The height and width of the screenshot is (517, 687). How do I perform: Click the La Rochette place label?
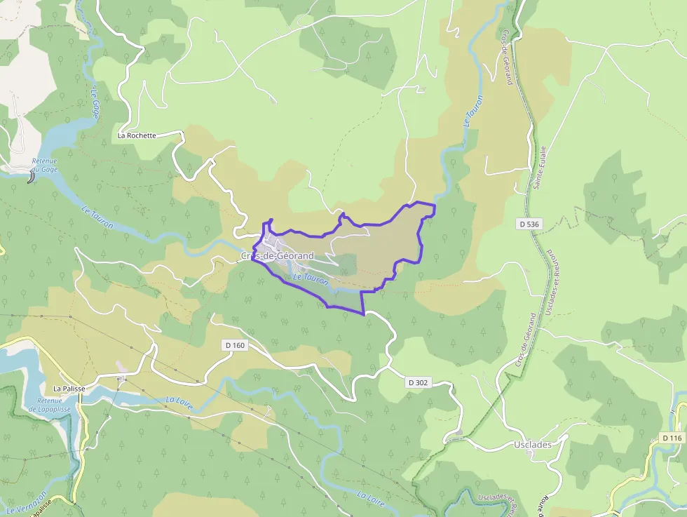click(137, 135)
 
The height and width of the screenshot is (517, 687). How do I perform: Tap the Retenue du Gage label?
click(44, 165)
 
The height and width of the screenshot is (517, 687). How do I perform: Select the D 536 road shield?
click(529, 224)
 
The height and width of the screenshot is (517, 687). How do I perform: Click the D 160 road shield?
click(236, 345)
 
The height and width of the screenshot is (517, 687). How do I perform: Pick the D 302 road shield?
click(419, 383)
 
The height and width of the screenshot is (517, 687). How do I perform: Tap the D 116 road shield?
click(672, 438)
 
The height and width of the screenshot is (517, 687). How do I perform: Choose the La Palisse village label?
click(68, 388)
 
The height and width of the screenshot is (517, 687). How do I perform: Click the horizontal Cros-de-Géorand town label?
click(278, 256)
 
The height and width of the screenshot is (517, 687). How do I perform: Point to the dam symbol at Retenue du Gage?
click(31, 178)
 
